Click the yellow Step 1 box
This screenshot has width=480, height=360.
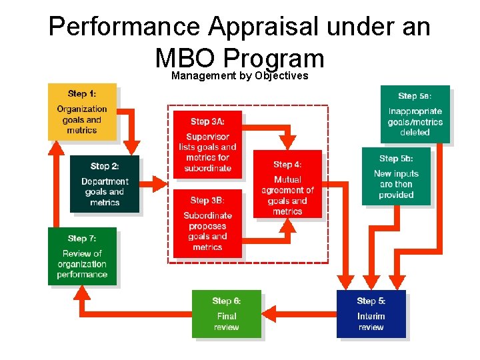pyautogui.click(x=81, y=111)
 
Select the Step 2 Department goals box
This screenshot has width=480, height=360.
pyautogui.click(x=105, y=183)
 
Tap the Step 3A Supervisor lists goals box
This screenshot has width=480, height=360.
pyautogui.click(x=207, y=144)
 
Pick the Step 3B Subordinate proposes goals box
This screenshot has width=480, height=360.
pyautogui.click(x=207, y=223)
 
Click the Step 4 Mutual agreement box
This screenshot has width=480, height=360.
pyautogui.click(x=287, y=184)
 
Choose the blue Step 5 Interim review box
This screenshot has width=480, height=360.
pyautogui.click(x=371, y=313)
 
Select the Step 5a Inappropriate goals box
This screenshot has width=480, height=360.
pyautogui.click(x=415, y=114)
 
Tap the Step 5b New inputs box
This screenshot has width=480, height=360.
pyautogui.click(x=396, y=176)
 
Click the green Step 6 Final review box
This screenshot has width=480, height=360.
pyautogui.click(x=226, y=313)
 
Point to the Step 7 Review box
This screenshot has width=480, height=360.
pyautogui.click(x=82, y=256)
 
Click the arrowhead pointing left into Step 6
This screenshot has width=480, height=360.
pyautogui.click(x=269, y=314)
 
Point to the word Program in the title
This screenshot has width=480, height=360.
pyautogui.click(x=274, y=59)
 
